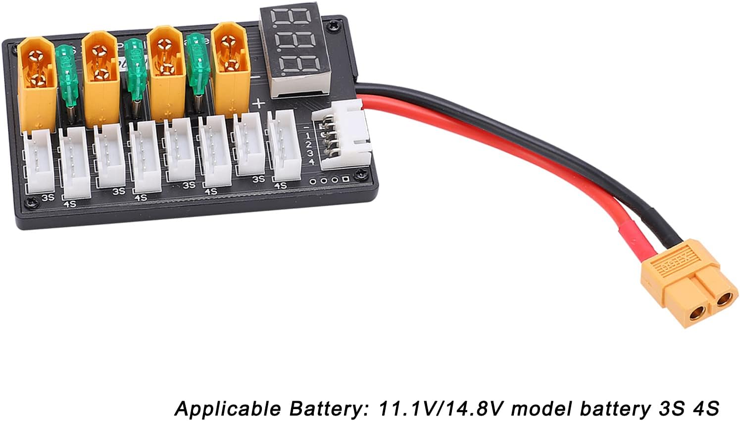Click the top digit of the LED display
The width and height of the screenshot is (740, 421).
coord(289,19)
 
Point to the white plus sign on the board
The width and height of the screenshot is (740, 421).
coord(258,104)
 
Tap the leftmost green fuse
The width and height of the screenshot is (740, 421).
coord(67,74)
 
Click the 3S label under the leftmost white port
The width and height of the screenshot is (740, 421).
coord(48,197)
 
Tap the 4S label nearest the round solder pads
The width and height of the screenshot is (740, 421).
coord(281,186)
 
